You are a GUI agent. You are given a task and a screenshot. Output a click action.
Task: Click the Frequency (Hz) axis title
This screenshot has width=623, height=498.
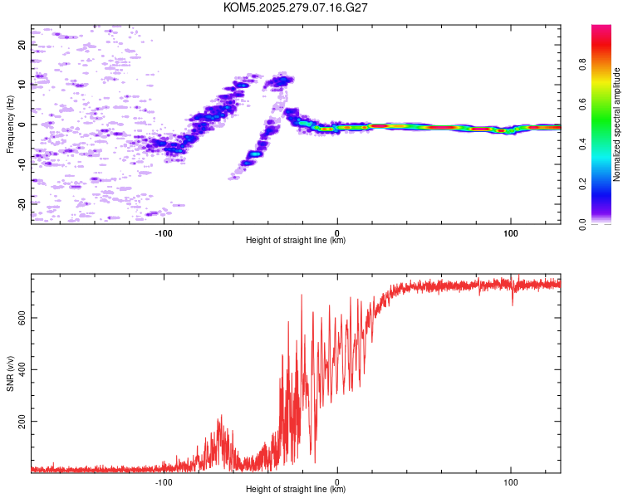10,124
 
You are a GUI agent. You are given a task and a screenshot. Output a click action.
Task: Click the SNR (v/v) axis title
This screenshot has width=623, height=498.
10,374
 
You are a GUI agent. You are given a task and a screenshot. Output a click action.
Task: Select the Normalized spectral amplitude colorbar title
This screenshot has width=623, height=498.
617,124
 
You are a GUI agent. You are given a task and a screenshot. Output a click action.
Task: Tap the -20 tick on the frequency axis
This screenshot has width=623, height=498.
22,203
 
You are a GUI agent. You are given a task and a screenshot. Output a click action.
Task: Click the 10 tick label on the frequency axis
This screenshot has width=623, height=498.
22,85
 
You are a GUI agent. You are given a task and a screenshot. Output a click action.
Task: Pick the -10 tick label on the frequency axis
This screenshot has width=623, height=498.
22,164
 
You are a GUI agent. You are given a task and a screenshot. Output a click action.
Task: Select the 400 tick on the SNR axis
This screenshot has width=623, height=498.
22,369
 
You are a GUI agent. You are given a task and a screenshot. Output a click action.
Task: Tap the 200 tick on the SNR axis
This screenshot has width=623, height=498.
22,422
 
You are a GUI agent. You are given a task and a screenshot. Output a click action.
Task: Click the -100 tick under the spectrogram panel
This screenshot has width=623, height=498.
164,232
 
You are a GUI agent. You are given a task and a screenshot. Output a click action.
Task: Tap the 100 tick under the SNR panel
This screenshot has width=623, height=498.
510,481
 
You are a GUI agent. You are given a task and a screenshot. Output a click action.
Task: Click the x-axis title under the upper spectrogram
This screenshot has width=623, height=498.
296,240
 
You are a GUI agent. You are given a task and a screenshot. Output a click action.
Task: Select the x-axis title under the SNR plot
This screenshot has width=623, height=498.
296,490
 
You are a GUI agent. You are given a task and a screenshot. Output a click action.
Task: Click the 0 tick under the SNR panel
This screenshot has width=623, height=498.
337,481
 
